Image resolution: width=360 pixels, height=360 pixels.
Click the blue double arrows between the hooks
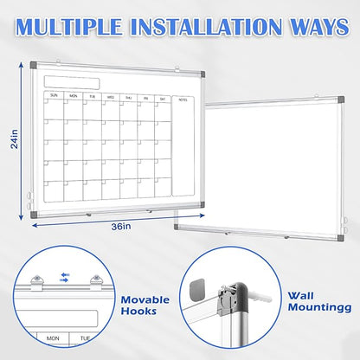coord(66,278)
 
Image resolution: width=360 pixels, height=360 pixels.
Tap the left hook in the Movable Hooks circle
coord(38,280)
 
